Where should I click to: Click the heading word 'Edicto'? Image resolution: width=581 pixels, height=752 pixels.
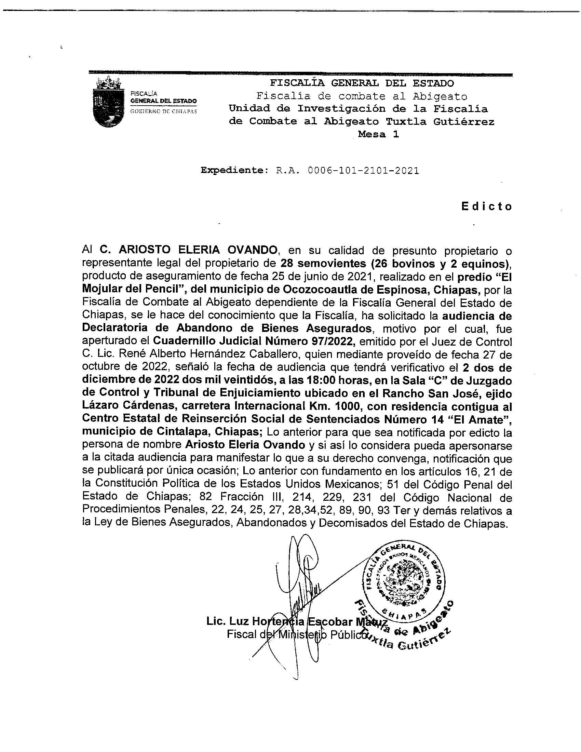(x=487, y=206)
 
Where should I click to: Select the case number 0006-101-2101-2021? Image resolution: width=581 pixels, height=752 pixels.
(x=364, y=171)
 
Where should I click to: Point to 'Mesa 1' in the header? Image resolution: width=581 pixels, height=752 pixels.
(x=378, y=135)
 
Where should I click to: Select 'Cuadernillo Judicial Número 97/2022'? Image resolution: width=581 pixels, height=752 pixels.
(x=253, y=341)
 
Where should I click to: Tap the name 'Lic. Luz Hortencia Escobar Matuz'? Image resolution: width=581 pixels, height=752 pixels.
(x=297, y=622)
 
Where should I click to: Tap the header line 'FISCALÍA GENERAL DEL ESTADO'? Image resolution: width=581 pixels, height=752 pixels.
(x=362, y=83)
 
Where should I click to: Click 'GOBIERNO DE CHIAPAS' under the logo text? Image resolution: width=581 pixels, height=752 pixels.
(x=163, y=111)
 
